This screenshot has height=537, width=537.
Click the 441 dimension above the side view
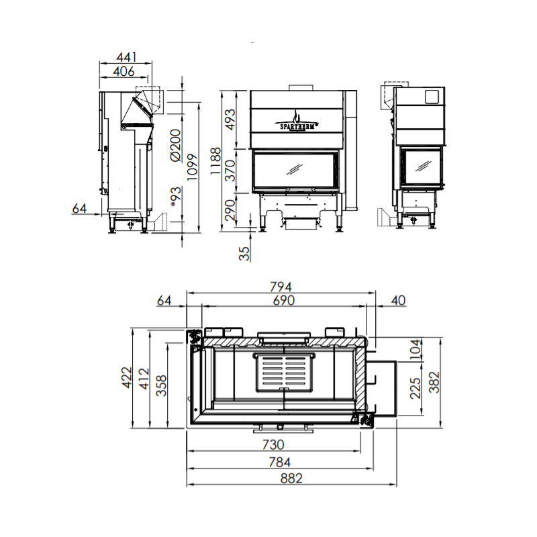(126, 56)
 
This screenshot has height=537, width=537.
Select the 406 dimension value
(124, 71)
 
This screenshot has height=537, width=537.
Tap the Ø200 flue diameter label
(175, 145)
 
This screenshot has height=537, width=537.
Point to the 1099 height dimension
(193, 167)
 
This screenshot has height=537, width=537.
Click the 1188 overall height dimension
(215, 161)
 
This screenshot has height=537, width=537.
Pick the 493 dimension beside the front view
(231, 119)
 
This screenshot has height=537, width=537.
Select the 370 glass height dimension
(231, 170)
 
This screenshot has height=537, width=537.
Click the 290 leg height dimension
(230, 210)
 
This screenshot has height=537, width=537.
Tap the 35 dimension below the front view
(244, 254)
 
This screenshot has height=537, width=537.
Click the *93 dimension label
(175, 197)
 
